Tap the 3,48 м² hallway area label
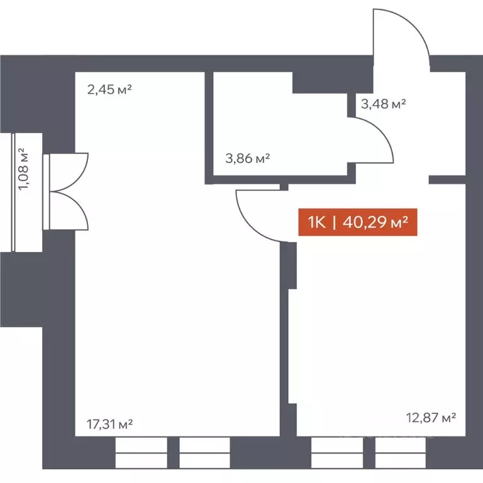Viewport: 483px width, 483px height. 382,104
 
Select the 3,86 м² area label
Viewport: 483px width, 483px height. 247,158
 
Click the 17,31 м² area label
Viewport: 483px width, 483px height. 109,425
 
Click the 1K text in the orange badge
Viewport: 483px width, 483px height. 316,223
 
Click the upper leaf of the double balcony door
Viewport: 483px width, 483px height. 70,171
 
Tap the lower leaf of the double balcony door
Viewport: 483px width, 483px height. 70,209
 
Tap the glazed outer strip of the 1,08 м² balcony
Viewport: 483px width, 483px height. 14,192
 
